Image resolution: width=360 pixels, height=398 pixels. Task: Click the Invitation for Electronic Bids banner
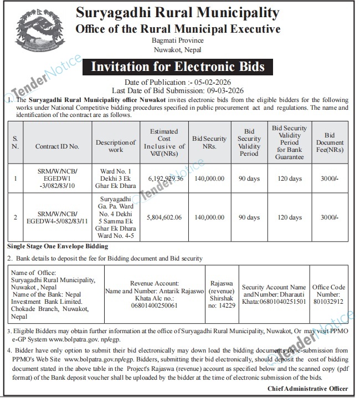178,68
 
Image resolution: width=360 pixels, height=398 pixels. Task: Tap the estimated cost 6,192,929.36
165,178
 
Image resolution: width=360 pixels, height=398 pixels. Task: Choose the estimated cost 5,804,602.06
165,218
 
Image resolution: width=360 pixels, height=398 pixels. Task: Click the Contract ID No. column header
57,147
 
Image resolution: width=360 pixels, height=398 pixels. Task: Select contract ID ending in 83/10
57,178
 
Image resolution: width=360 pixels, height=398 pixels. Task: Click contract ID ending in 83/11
57,218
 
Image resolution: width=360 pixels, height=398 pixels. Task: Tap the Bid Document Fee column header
330,142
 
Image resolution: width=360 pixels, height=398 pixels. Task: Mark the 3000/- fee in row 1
330,178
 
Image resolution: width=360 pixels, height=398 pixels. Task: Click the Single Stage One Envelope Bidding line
58,246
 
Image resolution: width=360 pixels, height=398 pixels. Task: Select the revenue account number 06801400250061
154,305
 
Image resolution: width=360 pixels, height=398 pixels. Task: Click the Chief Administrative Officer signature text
308,389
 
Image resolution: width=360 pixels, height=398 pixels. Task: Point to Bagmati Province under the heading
178,40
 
